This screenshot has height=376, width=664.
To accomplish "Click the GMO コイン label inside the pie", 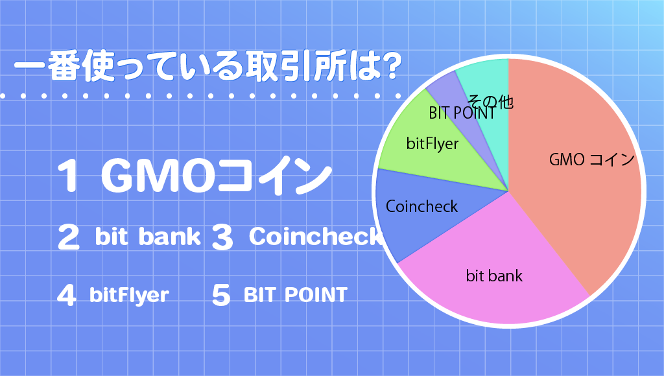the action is pos(591,159).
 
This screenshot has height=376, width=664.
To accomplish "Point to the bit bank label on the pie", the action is pos(494,276).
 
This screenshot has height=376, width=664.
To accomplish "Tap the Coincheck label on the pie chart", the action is pos(421,206).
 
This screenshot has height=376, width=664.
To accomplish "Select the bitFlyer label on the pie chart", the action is pos(433,144).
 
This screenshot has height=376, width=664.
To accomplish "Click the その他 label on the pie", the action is pos(490,102).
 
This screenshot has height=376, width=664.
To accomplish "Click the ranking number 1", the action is pos(67,175).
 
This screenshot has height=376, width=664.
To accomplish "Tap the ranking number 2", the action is pos(68,237).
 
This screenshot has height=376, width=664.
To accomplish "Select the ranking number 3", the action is pos(222,237).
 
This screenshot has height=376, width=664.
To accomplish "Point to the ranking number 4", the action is pos(67,295).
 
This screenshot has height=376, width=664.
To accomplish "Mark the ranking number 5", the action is pos(221,295).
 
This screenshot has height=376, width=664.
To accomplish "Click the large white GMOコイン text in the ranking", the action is pos(216,175).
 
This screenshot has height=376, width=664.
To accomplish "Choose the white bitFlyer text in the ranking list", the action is pos(129,295).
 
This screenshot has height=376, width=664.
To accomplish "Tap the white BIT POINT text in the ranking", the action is pos(296,295).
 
